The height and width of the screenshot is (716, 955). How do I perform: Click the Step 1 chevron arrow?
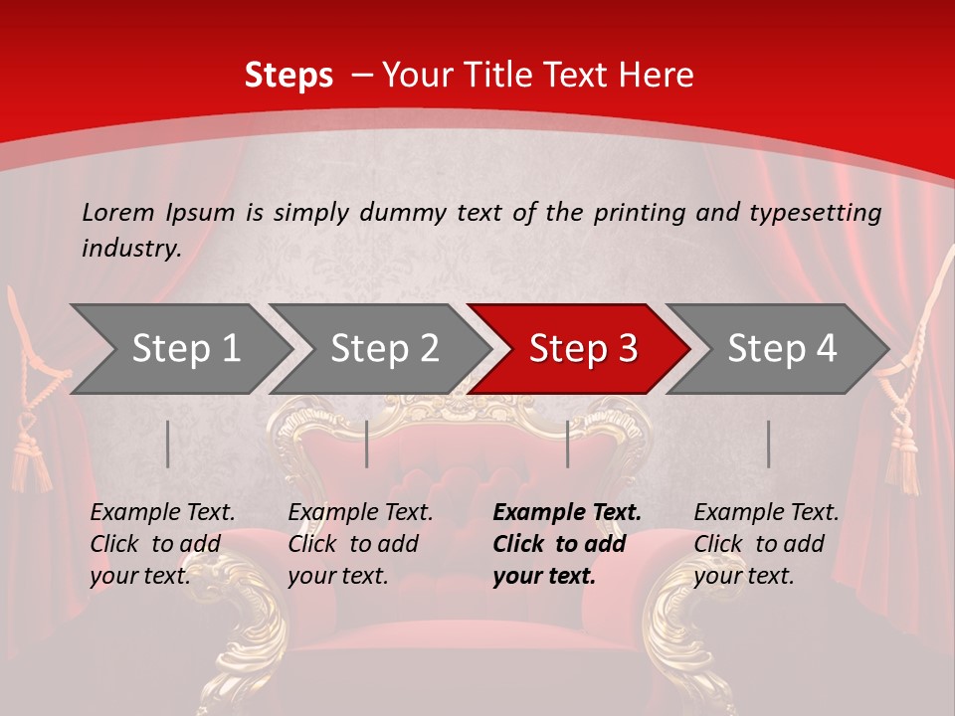[185, 349]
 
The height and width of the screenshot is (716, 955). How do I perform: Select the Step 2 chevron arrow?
[384, 349]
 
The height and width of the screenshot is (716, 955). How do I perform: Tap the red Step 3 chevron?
[583, 349]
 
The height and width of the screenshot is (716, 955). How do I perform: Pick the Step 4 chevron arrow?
[782, 349]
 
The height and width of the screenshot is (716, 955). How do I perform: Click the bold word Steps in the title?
[288, 76]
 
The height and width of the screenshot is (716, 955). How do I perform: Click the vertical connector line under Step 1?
[168, 444]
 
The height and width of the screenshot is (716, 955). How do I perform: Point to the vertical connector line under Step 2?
[367, 444]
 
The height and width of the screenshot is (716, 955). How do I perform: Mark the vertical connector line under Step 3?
[567, 444]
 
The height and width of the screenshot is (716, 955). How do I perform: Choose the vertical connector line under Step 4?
[768, 444]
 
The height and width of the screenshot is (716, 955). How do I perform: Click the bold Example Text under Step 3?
[567, 513]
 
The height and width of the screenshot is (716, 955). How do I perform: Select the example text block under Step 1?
[162, 544]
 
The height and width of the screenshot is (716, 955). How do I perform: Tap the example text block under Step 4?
[766, 544]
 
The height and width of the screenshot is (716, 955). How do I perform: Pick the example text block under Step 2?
[360, 544]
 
